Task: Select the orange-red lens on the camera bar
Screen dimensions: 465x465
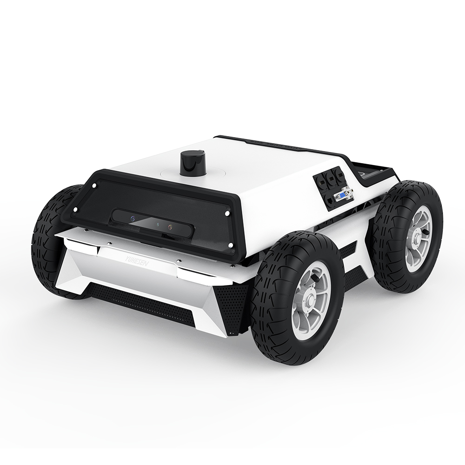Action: tap(170, 227)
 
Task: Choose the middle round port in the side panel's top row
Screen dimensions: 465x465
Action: tap(331, 178)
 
